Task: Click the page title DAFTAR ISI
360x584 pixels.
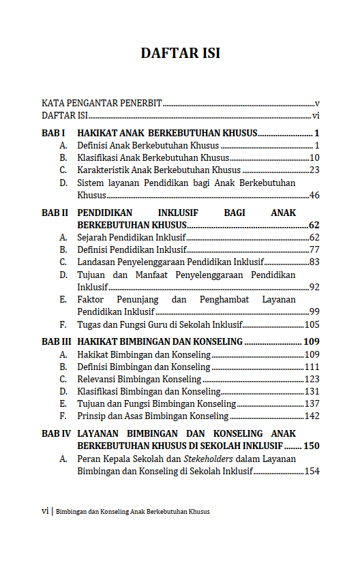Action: (180, 53)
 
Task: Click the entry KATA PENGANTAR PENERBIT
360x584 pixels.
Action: (102, 104)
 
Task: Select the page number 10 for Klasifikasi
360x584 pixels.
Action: (314, 157)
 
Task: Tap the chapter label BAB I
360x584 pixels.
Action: (53, 133)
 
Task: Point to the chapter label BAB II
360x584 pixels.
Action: (55, 213)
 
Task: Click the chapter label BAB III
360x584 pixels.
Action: (56, 341)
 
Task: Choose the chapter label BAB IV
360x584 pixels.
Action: (56, 433)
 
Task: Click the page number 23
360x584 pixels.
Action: (314, 170)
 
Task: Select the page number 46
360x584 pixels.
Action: (314, 195)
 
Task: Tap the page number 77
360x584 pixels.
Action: (314, 249)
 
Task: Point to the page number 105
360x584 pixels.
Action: (312, 324)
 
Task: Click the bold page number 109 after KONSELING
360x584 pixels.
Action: (312, 341)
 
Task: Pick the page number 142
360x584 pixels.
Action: (312, 416)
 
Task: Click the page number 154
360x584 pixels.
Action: (312, 471)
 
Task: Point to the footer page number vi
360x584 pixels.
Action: (45, 510)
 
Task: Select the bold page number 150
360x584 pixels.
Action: (312, 446)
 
